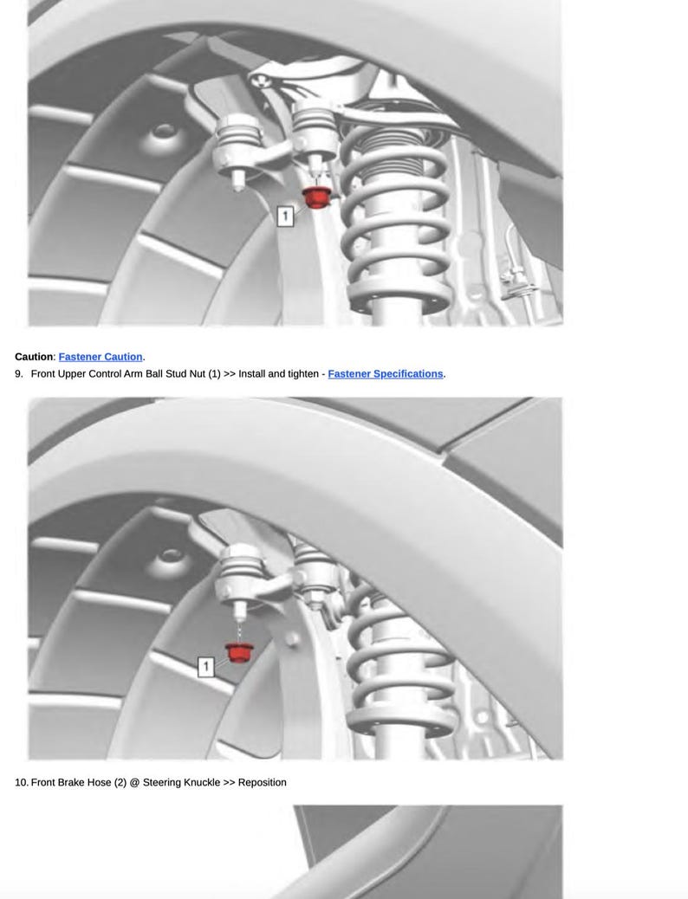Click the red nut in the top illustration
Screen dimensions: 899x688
coord(316,197)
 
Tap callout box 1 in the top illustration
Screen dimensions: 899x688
coord(284,216)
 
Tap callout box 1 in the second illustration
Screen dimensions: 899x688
coord(205,666)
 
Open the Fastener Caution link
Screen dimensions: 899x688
coord(101,357)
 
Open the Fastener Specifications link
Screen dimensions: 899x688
coord(385,374)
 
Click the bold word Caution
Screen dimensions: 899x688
coord(34,357)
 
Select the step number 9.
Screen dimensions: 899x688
coord(18,374)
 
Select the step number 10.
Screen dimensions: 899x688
coord(21,782)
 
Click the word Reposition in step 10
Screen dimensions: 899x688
coord(262,782)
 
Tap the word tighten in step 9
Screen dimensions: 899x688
coord(304,374)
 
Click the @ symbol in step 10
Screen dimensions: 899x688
coord(134,782)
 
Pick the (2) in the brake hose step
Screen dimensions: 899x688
coord(120,782)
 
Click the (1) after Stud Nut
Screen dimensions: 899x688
coord(214,374)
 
